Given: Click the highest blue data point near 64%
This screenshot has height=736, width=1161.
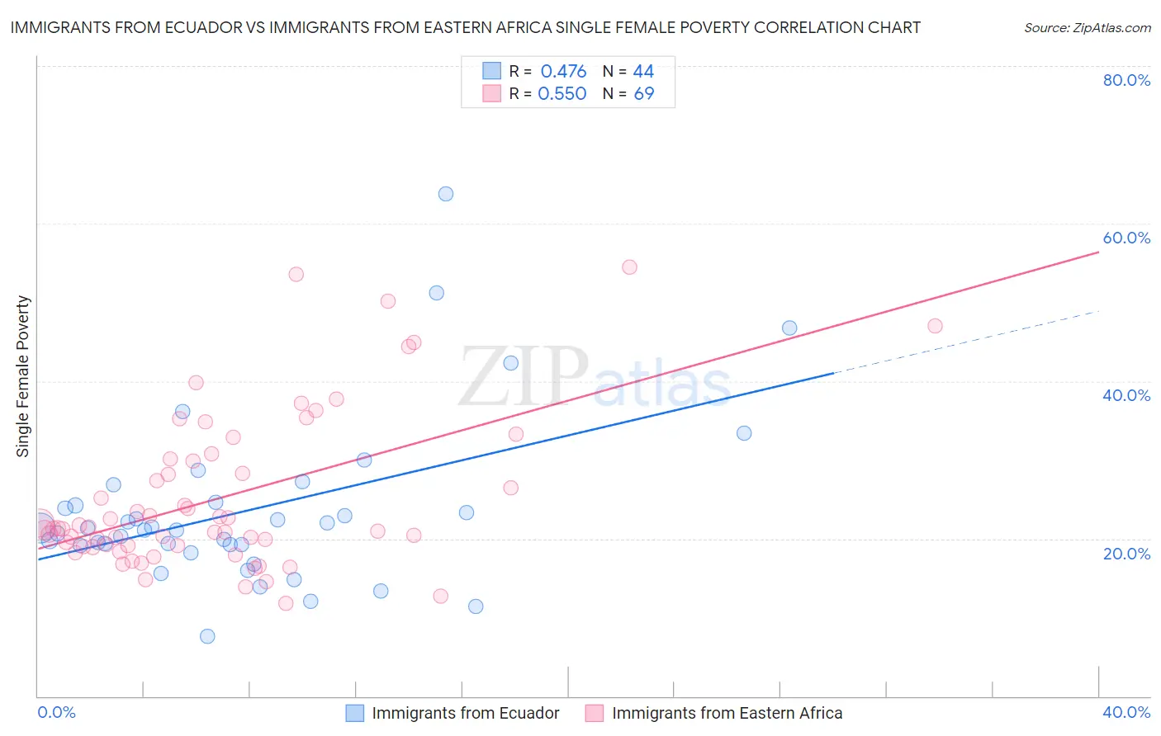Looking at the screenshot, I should click(x=446, y=194).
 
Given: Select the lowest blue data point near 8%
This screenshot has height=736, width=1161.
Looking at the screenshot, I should click(x=207, y=636).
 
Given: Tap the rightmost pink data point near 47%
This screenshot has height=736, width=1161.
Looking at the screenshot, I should click(x=935, y=326).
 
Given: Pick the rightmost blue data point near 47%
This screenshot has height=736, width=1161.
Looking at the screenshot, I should click(x=789, y=328).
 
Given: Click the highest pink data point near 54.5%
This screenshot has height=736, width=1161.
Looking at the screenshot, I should click(x=629, y=267).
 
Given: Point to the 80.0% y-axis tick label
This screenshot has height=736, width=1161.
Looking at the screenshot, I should click(x=1126, y=80).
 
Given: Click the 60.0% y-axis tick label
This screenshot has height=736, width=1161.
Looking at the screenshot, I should click(x=1126, y=238).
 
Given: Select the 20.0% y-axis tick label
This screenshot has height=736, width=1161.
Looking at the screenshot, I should click(x=1126, y=554).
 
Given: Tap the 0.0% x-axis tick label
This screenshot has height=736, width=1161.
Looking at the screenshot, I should click(x=56, y=713).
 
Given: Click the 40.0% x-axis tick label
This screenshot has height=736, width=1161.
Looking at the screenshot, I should click(x=1126, y=713).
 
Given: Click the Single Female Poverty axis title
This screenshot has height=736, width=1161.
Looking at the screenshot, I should click(x=23, y=376).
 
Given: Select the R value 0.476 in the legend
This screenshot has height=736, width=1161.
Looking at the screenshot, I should click(x=563, y=72).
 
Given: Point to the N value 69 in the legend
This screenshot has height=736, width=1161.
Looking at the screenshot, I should click(x=644, y=94).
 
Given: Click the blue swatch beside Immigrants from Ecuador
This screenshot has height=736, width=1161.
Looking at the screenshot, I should click(x=355, y=713).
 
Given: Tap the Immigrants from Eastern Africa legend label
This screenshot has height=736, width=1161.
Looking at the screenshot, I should click(x=727, y=713).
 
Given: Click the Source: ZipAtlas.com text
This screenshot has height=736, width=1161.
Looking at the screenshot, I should click(x=1087, y=28).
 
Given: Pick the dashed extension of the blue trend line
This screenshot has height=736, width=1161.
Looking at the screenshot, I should click(x=966, y=342).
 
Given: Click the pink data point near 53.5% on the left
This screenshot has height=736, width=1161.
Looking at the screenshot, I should click(x=296, y=274).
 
